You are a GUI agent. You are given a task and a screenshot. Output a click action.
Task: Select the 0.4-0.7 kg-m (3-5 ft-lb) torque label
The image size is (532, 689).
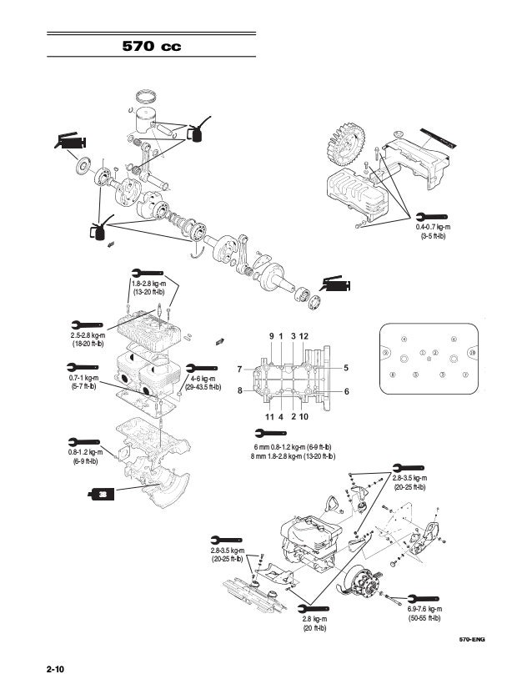[432, 231]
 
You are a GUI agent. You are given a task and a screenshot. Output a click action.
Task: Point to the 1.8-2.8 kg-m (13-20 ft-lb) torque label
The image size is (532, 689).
[149, 289]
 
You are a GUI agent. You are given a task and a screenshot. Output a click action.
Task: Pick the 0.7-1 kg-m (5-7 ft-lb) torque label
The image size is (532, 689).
[82, 382]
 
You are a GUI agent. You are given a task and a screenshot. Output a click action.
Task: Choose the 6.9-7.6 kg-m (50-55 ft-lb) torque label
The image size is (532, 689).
[425, 614]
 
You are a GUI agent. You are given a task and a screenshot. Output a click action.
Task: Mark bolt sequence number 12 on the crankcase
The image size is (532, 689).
[304, 335]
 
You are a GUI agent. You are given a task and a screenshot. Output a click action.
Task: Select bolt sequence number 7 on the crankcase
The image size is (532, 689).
[239, 369]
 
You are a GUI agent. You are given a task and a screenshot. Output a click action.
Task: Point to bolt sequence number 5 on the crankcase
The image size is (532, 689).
[346, 368]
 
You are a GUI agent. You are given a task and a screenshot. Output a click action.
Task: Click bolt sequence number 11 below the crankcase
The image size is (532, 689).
[269, 415]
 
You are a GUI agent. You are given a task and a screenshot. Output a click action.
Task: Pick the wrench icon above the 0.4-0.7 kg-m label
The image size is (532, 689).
[431, 214]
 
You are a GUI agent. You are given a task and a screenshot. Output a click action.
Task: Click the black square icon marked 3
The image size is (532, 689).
[101, 495]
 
